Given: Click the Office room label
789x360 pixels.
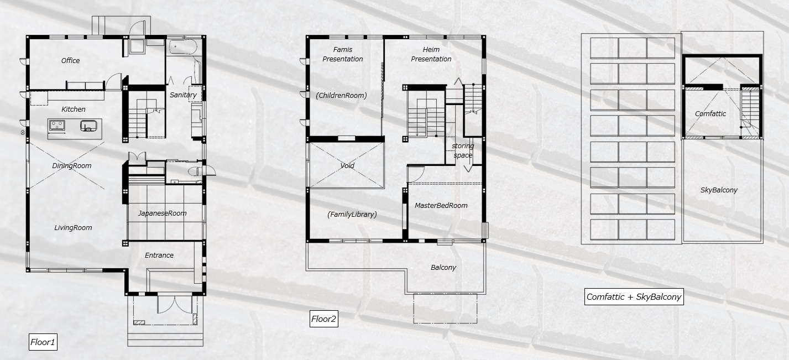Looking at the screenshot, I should pyautogui.click(x=70, y=61).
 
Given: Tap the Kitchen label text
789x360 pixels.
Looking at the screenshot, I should pyautogui.click(x=73, y=109).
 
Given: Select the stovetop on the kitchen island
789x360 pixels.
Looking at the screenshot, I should pyautogui.click(x=57, y=126).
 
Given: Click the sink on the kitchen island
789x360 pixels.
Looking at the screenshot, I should pyautogui.click(x=88, y=126).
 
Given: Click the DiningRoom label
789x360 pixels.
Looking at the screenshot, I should pyautogui.click(x=72, y=166).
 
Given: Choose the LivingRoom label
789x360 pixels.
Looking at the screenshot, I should pyautogui.click(x=73, y=228).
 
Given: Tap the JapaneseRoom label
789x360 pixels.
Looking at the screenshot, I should pyautogui.click(x=162, y=213).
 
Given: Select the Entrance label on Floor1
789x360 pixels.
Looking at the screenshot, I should pyautogui.click(x=159, y=255).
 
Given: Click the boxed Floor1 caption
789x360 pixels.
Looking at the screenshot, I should pyautogui.click(x=43, y=342).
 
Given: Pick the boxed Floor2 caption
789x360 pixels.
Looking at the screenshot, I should pyautogui.click(x=323, y=319).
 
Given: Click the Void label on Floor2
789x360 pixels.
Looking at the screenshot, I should pyautogui.click(x=347, y=166).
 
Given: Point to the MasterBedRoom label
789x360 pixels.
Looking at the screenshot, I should pyautogui.click(x=441, y=206).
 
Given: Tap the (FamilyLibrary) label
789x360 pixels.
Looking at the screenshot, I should pyautogui.click(x=352, y=215).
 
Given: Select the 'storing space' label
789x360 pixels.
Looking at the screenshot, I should pyautogui.click(x=463, y=151).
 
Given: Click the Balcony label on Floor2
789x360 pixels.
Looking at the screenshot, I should pyautogui.click(x=443, y=268).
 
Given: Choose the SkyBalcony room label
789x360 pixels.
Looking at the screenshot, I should pyautogui.click(x=719, y=190).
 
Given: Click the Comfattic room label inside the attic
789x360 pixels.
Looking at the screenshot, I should pyautogui.click(x=710, y=114).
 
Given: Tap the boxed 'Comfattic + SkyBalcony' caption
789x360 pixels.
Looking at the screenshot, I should pyautogui.click(x=634, y=297).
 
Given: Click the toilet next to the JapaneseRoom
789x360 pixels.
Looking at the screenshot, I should pyautogui.click(x=195, y=171).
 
